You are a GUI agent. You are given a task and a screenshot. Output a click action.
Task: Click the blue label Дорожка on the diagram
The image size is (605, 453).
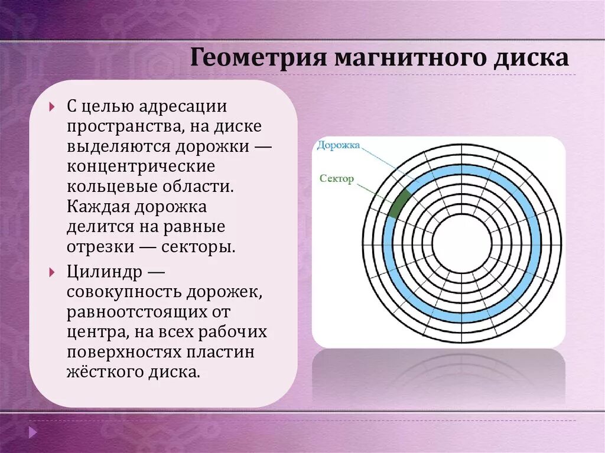[x=339, y=145]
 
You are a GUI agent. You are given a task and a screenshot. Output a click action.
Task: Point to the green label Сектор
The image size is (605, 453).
[x=336, y=178]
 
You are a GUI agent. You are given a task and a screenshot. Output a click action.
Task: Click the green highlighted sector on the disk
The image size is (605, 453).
[x=399, y=204]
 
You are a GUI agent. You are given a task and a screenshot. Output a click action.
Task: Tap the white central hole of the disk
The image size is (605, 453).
[x=462, y=243]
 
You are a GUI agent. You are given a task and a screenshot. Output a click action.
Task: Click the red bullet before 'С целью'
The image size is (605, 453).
[x=52, y=106]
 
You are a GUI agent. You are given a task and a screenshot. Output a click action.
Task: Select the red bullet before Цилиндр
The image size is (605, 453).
[x=52, y=272]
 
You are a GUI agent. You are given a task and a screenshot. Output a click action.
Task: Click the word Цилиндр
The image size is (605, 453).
[x=105, y=272]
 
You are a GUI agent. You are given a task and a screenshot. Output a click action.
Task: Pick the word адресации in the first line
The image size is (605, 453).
[x=183, y=106]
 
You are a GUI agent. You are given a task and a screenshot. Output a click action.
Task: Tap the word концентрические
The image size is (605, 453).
[x=141, y=167]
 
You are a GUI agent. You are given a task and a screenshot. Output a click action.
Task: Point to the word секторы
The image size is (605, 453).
[x=198, y=247]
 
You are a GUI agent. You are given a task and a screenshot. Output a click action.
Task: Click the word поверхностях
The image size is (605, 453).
[x=123, y=353]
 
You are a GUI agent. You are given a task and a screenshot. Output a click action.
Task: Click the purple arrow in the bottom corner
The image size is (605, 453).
[x=33, y=432]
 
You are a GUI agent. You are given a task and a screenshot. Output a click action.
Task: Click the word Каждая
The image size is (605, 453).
[x=98, y=207]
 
